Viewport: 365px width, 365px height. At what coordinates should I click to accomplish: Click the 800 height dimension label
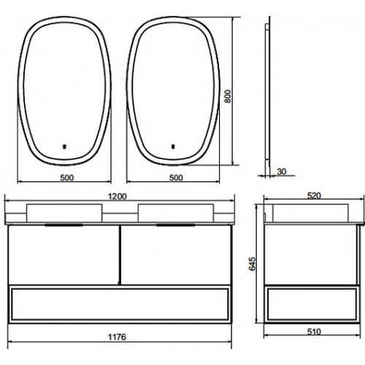tap(228, 96)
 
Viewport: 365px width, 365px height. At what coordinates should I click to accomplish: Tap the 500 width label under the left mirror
tap(67, 178)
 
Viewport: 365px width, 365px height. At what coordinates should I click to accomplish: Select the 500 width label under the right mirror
tap(176, 178)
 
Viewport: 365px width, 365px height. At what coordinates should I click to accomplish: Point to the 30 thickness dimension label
tap(282, 172)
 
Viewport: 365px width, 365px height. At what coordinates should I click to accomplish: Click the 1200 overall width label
tap(118, 196)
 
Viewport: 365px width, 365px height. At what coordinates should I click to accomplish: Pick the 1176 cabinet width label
tap(117, 337)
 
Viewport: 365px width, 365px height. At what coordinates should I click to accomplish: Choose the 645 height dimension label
tap(253, 264)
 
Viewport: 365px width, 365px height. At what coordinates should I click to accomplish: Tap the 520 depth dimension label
tap(314, 196)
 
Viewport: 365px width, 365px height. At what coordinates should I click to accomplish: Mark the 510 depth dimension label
tap(314, 331)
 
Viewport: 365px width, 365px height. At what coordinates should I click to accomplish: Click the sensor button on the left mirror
tap(64, 147)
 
